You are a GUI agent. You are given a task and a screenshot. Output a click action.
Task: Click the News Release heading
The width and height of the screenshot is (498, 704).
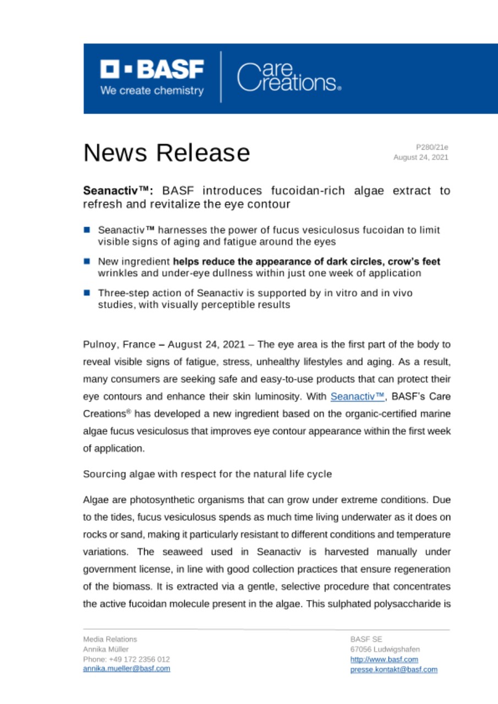coord(166,152)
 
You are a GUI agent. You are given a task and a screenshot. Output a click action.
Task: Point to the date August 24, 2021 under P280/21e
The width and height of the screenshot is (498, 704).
coord(420,157)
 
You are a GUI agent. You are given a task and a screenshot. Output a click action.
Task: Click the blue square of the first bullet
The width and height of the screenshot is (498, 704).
coord(87,228)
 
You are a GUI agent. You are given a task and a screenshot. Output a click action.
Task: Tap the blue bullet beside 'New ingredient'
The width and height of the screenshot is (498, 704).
coord(87,262)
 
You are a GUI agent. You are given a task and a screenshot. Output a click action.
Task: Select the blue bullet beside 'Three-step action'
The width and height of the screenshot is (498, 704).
coord(87,295)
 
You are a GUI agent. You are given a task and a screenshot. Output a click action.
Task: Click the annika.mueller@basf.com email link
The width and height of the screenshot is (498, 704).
coord(127,669)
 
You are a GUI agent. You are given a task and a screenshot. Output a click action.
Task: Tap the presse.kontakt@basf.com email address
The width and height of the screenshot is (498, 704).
coord(394,669)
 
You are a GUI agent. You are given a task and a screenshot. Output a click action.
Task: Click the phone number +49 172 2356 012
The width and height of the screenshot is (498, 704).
coord(126,659)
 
